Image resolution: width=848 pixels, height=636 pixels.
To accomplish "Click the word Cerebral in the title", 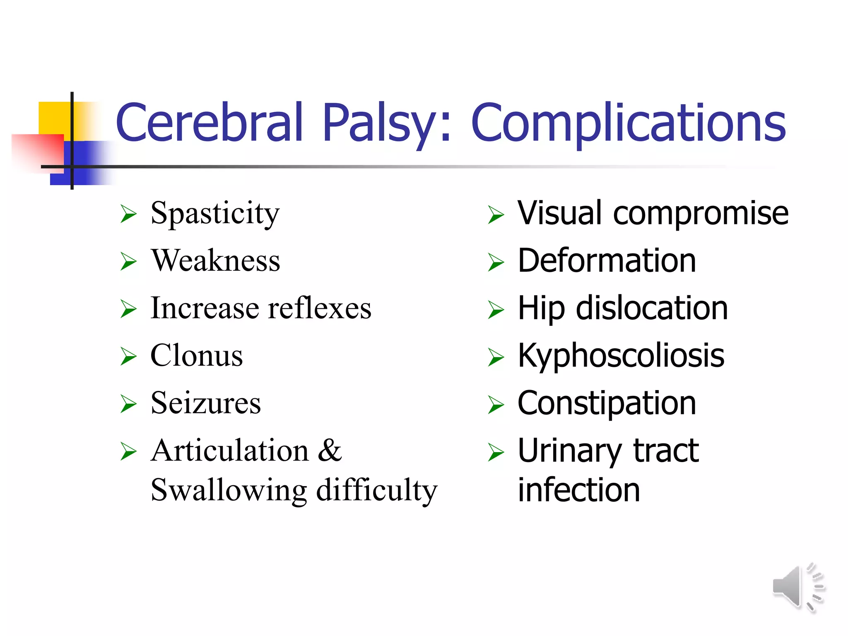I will (209, 123).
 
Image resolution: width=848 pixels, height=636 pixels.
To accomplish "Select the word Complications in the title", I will (628, 123).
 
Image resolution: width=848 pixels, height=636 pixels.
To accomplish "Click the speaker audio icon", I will (797, 587).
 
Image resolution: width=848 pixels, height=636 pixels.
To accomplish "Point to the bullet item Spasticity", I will (215, 214).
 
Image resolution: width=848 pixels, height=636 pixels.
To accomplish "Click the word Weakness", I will (215, 261).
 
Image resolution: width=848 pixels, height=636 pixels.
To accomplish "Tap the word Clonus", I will (196, 356).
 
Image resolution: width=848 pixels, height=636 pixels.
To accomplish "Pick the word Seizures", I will (206, 403).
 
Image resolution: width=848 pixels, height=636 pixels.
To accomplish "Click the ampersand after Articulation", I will (330, 450).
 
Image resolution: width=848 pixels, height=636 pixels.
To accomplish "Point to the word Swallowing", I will (229, 490).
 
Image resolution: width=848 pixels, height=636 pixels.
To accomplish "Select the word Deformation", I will (607, 261).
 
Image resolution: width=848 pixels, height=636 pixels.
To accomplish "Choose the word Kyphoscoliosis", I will (621, 356).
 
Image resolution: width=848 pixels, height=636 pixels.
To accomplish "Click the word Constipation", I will (607, 404).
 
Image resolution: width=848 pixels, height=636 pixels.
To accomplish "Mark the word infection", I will (578, 490).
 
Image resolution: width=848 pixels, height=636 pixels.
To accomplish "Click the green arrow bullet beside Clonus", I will (128, 357).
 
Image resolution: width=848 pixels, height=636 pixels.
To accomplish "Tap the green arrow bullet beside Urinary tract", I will (496, 452).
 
